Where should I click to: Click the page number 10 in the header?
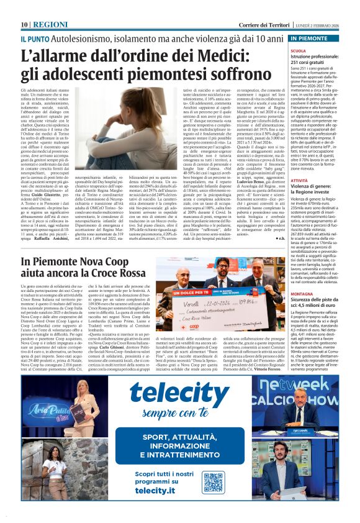[x=25, y=24]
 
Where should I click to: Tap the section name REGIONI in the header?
[x=51, y=24]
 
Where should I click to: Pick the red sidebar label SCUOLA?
[x=299, y=50]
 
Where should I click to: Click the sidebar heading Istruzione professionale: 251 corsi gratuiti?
[x=321, y=60]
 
